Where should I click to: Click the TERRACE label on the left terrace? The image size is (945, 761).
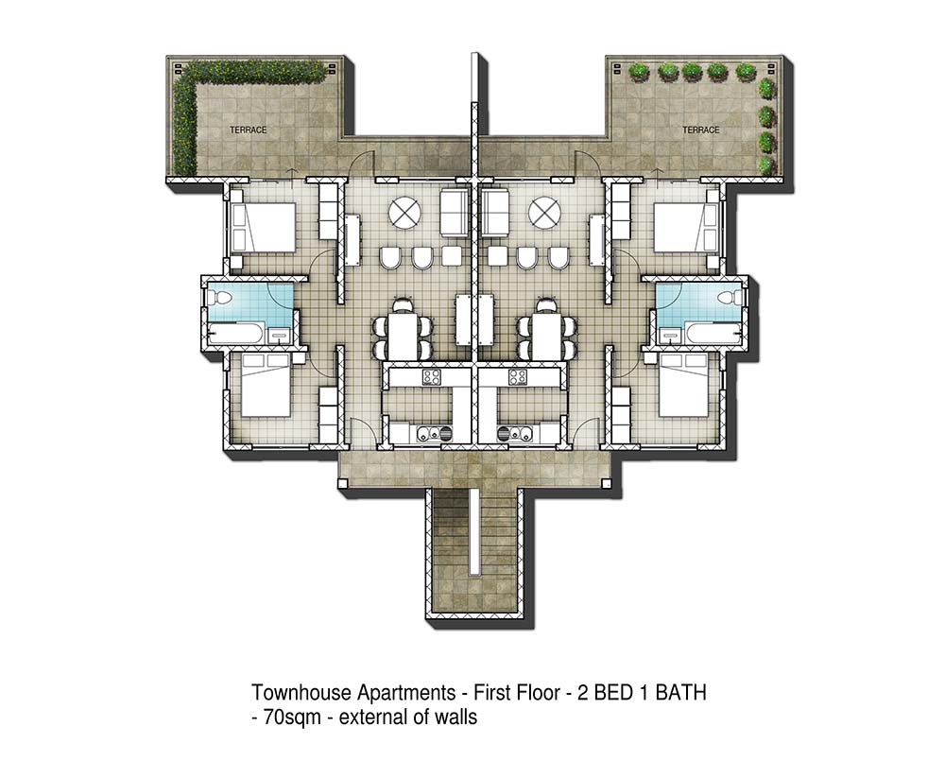click(248, 130)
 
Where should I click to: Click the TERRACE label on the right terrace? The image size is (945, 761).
click(701, 130)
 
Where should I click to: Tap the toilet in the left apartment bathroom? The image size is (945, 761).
click(218, 298)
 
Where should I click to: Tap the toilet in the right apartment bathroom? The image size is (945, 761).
click(730, 298)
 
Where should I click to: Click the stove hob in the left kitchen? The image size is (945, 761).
click(432, 377)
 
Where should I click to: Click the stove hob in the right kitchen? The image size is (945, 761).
click(518, 377)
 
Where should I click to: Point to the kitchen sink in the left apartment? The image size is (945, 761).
click(431, 433)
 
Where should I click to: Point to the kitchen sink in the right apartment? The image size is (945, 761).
click(516, 433)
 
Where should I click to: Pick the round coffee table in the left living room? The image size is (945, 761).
click(404, 213)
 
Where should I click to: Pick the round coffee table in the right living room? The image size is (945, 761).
click(545, 213)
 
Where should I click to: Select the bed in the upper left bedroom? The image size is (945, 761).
click(263, 227)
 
